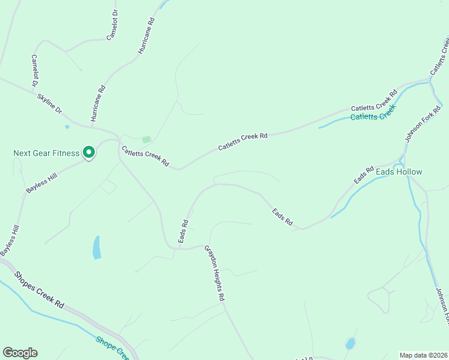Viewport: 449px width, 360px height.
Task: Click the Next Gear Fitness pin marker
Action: pyautogui.click(x=89, y=153)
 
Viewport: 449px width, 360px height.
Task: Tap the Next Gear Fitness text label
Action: pyautogui.click(x=46, y=153)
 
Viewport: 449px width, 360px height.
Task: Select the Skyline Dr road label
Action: pyautogui.click(x=49, y=103)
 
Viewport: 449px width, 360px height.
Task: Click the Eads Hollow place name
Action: pyautogui.click(x=399, y=172)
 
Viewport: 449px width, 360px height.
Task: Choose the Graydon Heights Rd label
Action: pyautogui.click(x=214, y=272)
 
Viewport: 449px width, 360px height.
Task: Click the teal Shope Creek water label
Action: pyautogui.click(x=112, y=347)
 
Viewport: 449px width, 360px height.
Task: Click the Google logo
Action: pyautogui.click(x=20, y=353)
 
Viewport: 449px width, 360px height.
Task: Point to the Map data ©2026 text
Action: pyautogui.click(x=423, y=355)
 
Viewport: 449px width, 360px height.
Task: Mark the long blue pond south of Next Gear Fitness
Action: pyautogui.click(x=97, y=247)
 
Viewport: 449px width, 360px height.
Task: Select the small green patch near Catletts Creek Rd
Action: pyautogui.click(x=146, y=140)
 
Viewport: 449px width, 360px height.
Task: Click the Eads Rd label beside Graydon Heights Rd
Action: pyautogui.click(x=183, y=231)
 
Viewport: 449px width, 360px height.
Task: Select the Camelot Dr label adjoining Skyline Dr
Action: pyautogui.click(x=35, y=70)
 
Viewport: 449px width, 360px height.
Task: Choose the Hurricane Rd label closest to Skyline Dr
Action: pyautogui.click(x=98, y=103)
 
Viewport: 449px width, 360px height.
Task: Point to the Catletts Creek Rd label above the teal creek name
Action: pyautogui.click(x=374, y=101)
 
